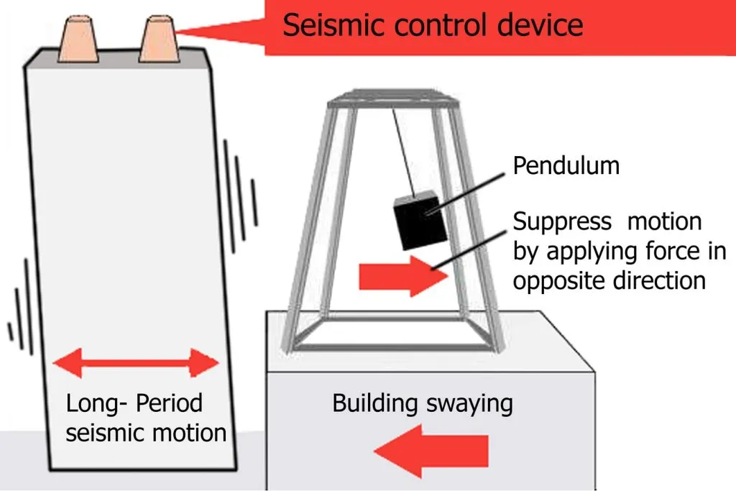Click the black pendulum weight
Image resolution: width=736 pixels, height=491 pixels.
420,220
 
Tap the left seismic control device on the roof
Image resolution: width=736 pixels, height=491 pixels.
78,40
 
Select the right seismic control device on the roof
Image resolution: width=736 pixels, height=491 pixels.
159,39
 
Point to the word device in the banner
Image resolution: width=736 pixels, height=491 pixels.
539,25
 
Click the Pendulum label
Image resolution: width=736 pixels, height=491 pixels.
566,165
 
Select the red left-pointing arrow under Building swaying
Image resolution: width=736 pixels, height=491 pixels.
431,451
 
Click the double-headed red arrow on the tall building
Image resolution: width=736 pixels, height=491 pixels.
136,363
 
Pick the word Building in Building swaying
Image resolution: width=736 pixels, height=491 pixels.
374,404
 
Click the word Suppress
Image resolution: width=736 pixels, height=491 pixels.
562,222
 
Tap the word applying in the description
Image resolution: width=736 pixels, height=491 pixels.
592,252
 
